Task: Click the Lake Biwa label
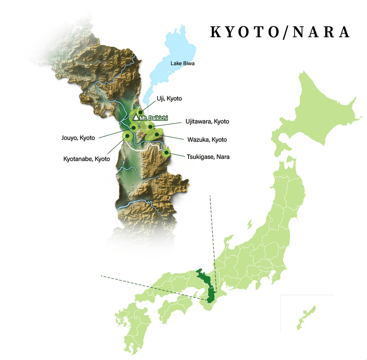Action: [x=183, y=63]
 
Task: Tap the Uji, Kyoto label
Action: [x=169, y=99]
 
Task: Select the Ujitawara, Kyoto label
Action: [x=207, y=122]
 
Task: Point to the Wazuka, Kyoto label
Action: [x=207, y=140]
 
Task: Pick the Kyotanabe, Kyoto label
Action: [x=87, y=159]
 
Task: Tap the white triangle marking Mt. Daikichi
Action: [x=136, y=118]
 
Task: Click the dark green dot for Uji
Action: [x=140, y=112]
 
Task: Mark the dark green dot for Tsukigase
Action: [x=167, y=153]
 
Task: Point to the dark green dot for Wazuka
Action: [x=156, y=135]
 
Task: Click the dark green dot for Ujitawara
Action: [x=150, y=126]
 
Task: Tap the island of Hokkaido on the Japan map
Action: [x=321, y=110]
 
